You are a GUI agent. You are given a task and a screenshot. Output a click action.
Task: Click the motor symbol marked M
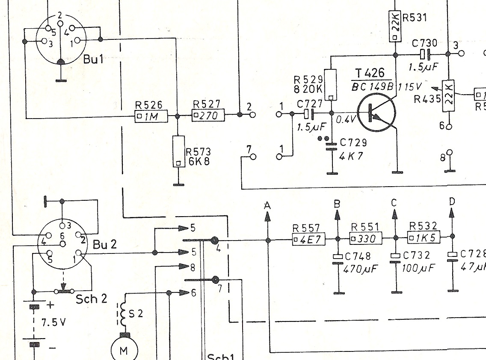124,350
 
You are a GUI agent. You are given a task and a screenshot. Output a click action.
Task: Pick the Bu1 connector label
94,59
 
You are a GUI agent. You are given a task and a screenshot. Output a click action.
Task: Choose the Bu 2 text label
105,245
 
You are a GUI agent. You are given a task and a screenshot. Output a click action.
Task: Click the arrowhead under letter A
268,217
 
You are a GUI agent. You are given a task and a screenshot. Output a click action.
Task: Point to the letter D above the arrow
453,201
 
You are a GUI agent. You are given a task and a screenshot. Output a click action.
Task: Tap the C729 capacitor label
353,143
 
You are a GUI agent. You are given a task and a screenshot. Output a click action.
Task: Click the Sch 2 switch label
92,298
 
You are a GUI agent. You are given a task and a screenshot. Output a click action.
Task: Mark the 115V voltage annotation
410,87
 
